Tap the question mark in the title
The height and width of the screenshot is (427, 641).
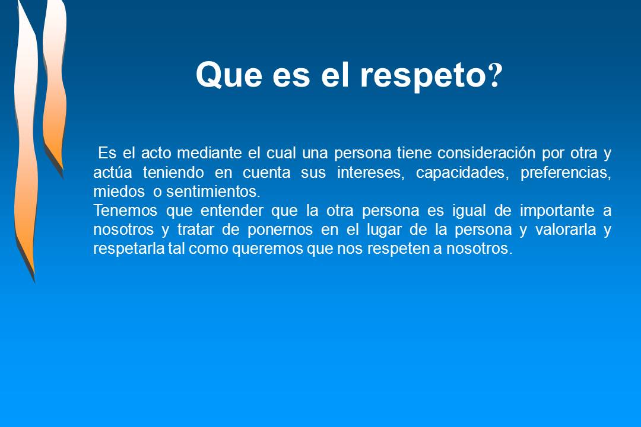coord(495,75)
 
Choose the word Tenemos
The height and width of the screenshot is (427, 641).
coord(122,211)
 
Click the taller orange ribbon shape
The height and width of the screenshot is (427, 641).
coord(26,148)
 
